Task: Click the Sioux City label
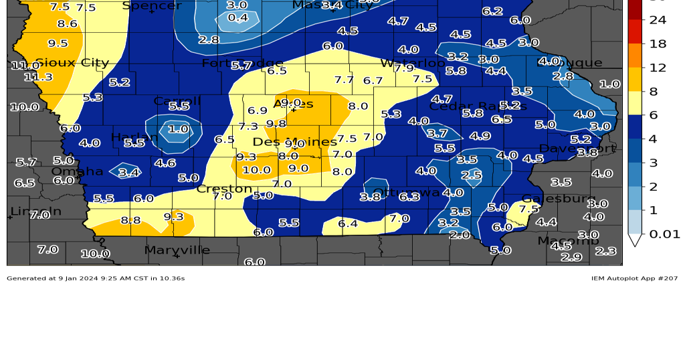tap(72, 63)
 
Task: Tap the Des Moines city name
tap(295, 142)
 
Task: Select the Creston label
tap(224, 189)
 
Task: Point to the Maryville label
tap(177, 250)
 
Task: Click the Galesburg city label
tap(559, 199)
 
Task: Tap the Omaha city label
tap(78, 171)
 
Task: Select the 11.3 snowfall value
tap(38, 77)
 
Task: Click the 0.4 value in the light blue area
tap(237, 17)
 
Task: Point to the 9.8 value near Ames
tap(276, 124)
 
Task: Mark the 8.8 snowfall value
tap(130, 220)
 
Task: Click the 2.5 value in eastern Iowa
tap(471, 175)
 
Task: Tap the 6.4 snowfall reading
tap(348, 224)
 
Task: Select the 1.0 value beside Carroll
tap(178, 129)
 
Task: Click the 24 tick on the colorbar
tap(658, 19)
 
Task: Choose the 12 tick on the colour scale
tap(658, 67)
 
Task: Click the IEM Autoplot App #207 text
tap(633, 278)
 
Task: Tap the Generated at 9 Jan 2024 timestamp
tap(96, 278)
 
